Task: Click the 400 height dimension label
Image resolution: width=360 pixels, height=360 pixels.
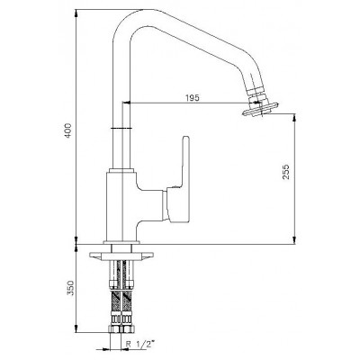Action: coord(69,130)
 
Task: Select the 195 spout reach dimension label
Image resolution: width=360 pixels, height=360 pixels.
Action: coord(192,98)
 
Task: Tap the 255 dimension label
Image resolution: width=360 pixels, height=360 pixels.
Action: coord(286,171)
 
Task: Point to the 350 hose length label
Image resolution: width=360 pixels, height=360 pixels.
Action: coord(70,288)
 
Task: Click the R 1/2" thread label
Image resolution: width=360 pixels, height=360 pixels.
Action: coord(141,344)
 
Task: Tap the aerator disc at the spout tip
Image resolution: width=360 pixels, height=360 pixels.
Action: coord(261,108)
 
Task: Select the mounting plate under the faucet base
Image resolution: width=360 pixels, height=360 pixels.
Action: coord(121,256)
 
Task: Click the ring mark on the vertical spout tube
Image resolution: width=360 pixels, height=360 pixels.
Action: coord(121,129)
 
